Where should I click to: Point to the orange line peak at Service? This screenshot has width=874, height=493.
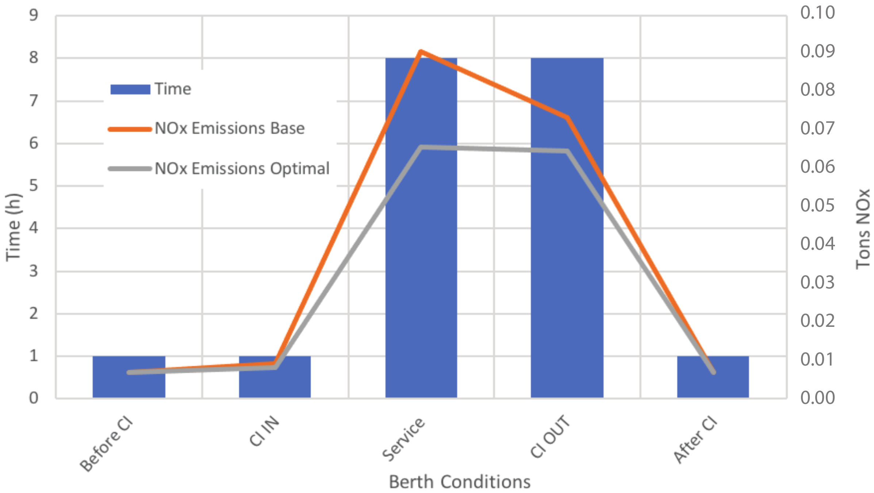[x=421, y=51]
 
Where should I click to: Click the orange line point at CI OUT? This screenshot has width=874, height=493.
[x=567, y=118]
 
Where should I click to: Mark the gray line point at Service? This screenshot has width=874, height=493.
[x=421, y=148]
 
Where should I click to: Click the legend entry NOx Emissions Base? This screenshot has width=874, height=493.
[x=229, y=129]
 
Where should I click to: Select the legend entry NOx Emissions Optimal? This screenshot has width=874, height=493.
[x=242, y=169]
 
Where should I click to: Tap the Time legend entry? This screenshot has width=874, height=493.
[x=172, y=89]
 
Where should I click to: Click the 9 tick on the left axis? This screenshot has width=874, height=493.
[x=34, y=15]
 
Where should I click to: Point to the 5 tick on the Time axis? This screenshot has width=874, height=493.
[x=34, y=186]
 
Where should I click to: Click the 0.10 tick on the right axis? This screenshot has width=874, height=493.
[x=817, y=13]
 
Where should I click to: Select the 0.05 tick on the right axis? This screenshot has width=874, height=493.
[x=817, y=205]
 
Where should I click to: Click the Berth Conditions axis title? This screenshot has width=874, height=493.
[x=459, y=482]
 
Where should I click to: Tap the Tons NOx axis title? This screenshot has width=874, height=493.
[x=863, y=229]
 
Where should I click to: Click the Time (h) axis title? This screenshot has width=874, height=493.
[x=14, y=227]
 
